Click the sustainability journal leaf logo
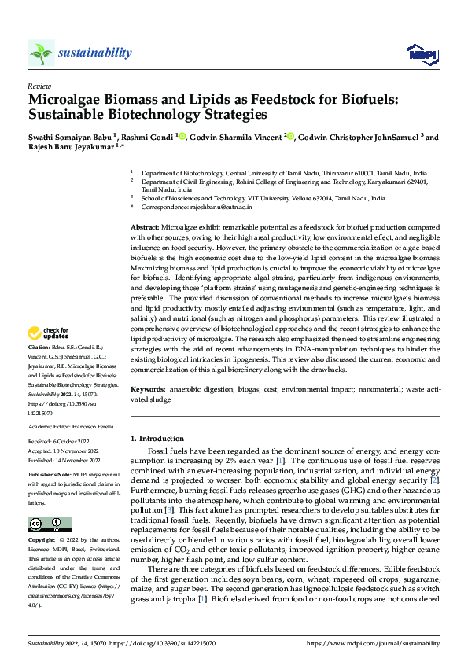(x=41, y=53)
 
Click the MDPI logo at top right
(x=421, y=53)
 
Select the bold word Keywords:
(x=148, y=389)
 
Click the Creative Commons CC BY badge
(x=50, y=524)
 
